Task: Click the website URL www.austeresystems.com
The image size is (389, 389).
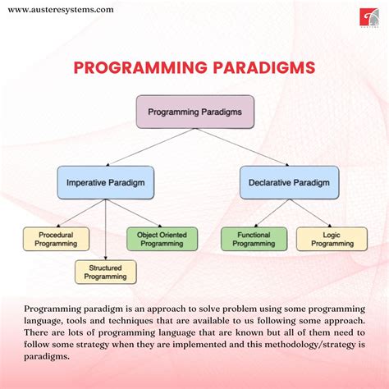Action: click(x=61, y=10)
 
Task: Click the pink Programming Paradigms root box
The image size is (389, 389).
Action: click(x=194, y=112)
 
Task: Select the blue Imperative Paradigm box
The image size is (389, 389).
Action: click(x=106, y=182)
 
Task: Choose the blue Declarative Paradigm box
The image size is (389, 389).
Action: click(x=289, y=182)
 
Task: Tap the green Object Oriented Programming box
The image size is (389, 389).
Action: click(x=162, y=239)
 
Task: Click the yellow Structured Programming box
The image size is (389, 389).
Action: click(x=106, y=272)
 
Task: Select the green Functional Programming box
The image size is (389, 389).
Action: click(x=254, y=239)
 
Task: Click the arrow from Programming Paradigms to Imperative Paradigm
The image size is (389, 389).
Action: click(x=151, y=147)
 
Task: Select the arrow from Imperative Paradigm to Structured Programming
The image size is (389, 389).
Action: click(x=106, y=230)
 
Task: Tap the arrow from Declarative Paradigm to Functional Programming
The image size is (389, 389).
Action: click(x=272, y=213)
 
